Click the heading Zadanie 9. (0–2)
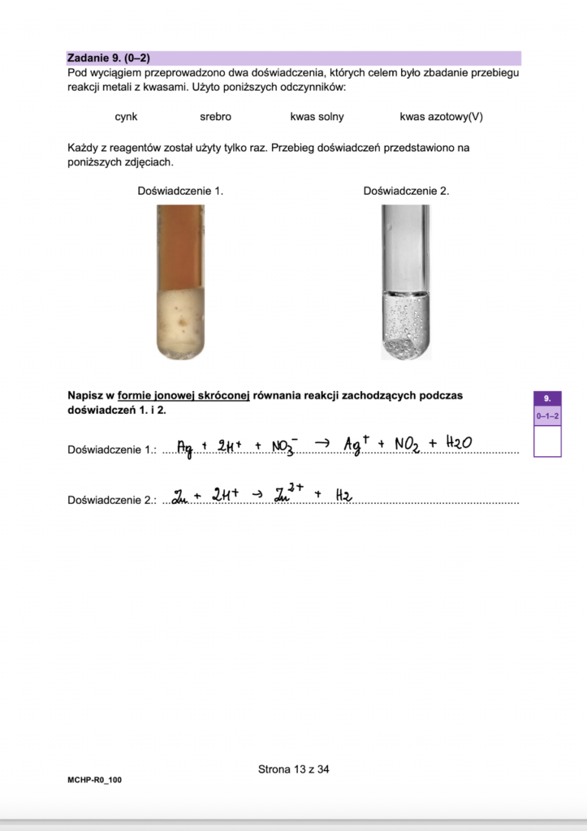pyautogui.click(x=109, y=58)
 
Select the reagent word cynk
pyautogui.click(x=126, y=117)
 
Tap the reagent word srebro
pyautogui.click(x=215, y=117)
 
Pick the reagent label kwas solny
pyautogui.click(x=317, y=117)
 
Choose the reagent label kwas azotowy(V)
pyautogui.click(x=441, y=117)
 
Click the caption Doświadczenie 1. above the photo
pyautogui.click(x=180, y=191)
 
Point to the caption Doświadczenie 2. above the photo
pyautogui.click(x=406, y=191)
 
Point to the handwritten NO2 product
pyautogui.click(x=407, y=445)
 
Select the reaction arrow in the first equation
pyautogui.click(x=322, y=443)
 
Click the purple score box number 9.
pyautogui.click(x=547, y=398)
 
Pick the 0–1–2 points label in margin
pyautogui.click(x=547, y=416)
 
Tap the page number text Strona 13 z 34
pyautogui.click(x=293, y=769)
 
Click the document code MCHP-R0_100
pyautogui.click(x=95, y=779)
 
